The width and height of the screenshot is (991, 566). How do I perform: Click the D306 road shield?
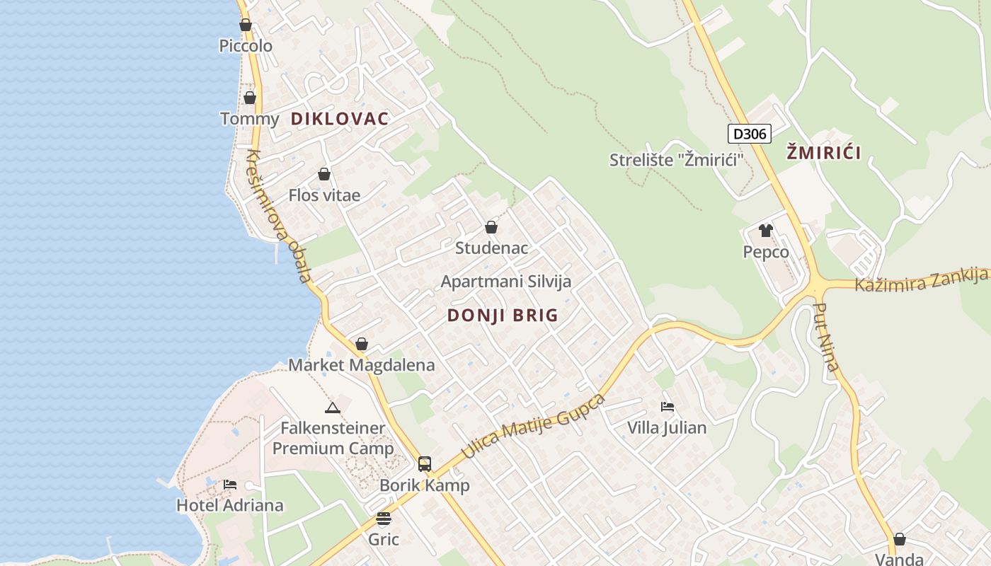point(749,133)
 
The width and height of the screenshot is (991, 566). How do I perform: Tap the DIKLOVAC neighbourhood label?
point(340,119)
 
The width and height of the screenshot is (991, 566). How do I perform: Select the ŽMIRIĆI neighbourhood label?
point(824,153)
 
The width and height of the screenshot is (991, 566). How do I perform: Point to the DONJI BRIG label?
point(503,316)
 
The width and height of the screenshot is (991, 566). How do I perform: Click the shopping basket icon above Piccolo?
point(246,25)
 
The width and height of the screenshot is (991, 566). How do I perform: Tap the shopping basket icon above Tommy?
point(249,98)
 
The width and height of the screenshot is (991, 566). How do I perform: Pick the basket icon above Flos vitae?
point(324,174)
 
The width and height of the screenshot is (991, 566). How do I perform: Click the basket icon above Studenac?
point(491,227)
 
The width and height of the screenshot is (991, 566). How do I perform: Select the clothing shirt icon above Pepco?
point(765,230)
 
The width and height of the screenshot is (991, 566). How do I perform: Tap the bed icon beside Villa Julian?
point(667,407)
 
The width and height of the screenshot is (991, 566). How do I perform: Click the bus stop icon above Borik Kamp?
point(424,463)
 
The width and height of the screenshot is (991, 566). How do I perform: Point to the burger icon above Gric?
point(384,519)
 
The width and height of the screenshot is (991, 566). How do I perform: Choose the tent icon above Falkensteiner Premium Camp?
point(332,408)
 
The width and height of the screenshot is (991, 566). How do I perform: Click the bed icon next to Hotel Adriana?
point(230,485)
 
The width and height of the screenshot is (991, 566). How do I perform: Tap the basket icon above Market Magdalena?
point(362,344)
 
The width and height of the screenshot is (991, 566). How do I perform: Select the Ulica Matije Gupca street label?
point(534,427)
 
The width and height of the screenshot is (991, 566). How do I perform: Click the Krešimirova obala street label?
point(280,216)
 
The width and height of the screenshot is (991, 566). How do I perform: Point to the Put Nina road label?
point(827,337)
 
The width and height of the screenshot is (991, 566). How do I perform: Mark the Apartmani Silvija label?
point(505,282)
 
